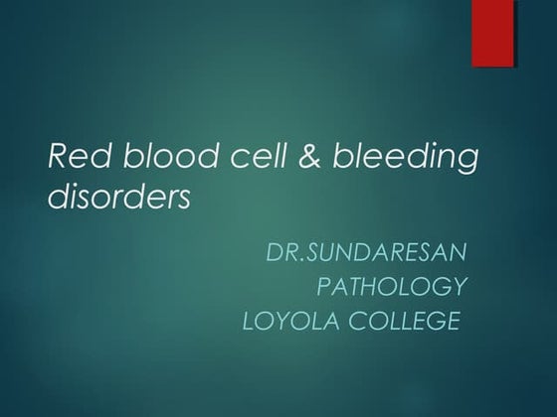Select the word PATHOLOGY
point(391,287)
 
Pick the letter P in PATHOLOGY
point(323,287)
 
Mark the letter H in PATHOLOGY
point(371,287)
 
